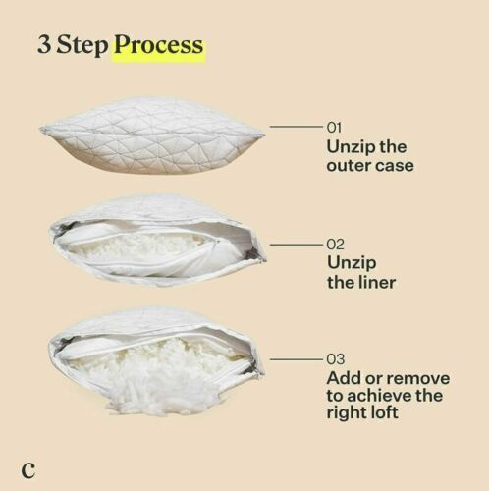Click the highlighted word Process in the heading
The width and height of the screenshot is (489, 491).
(x=159, y=45)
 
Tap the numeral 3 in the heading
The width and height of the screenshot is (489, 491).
(x=45, y=45)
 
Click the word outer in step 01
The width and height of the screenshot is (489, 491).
(x=351, y=166)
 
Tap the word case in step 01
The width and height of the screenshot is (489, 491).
(x=395, y=166)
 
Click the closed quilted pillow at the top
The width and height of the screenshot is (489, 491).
(x=152, y=134)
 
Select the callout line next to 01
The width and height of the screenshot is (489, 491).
(x=296, y=128)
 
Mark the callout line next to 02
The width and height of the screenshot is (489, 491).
(x=296, y=243)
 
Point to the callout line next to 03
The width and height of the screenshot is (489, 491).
(x=296, y=358)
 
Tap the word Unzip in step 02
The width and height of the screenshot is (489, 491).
(x=350, y=262)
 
